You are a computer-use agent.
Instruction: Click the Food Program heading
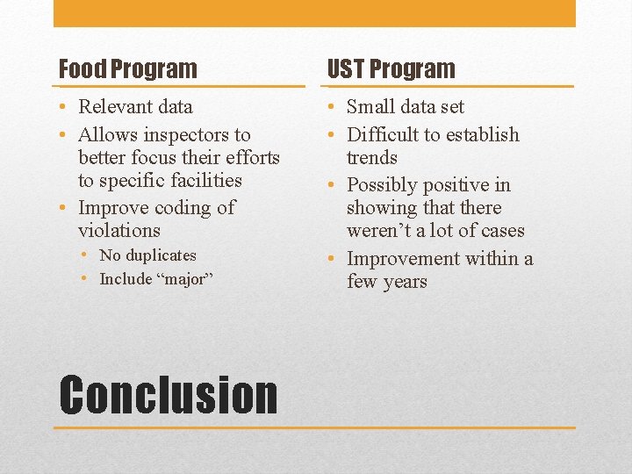127,68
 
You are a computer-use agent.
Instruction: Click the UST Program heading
391,68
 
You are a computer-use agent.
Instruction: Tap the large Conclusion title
168,395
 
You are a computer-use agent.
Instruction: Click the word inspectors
183,135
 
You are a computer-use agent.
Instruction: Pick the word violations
119,231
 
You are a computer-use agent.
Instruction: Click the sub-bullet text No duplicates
147,255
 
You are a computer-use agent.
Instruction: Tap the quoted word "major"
183,279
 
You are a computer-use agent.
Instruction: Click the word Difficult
384,135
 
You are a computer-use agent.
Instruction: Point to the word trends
372,158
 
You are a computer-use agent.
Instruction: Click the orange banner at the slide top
314,13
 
